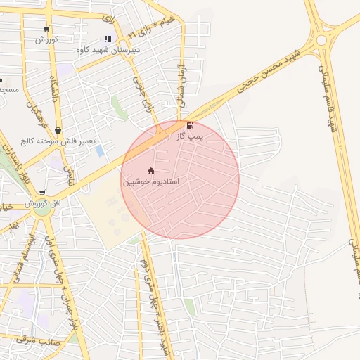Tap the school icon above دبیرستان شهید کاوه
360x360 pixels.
(107, 39)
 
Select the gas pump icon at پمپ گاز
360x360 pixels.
(190, 127)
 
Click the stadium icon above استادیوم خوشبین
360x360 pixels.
(151, 171)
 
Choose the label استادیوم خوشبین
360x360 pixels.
(151, 181)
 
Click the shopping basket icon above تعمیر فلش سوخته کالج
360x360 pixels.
(58, 131)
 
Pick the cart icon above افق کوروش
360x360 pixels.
(43, 193)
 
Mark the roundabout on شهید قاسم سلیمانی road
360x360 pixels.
(321, 40)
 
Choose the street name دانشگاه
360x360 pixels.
(54, 89)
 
